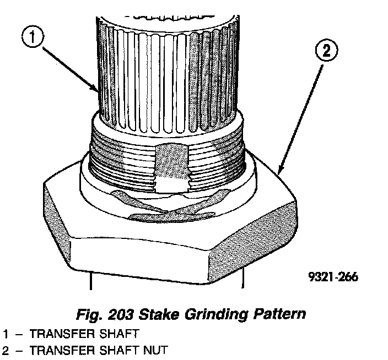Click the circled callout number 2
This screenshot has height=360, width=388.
(326, 52)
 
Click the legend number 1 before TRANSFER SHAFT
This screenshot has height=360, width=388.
(6, 334)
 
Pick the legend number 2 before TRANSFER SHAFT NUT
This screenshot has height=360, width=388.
(6, 350)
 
